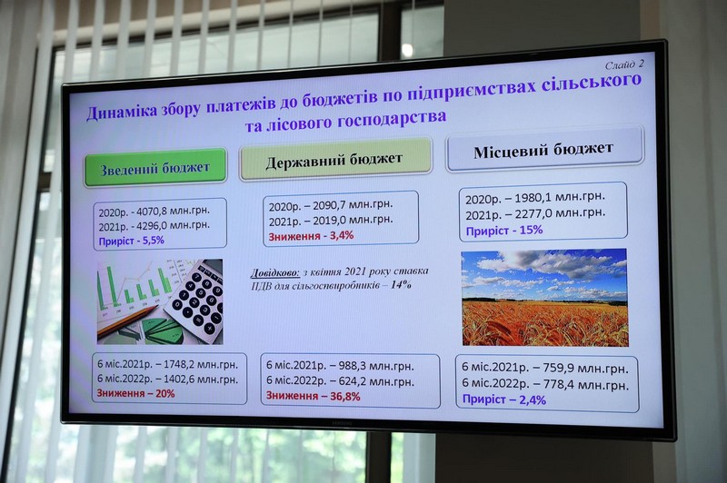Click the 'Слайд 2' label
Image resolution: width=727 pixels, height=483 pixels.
(x=624, y=64)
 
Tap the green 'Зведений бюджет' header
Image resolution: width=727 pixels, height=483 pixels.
(x=155, y=168)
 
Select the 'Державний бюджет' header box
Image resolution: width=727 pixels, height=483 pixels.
(x=334, y=159)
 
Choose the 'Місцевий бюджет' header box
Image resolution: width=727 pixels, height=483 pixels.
(x=543, y=149)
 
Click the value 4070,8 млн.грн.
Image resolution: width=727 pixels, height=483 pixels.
(x=173, y=212)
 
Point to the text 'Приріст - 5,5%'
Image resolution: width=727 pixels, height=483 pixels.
(x=131, y=241)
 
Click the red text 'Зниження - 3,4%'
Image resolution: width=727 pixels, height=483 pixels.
(x=311, y=236)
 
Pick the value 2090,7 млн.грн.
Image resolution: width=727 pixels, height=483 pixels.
(x=353, y=204)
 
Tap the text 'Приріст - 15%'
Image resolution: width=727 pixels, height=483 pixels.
(x=504, y=231)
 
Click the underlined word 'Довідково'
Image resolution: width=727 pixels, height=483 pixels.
(x=275, y=272)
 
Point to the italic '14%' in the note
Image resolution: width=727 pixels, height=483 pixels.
(x=401, y=284)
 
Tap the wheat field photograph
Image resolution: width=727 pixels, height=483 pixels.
(x=544, y=297)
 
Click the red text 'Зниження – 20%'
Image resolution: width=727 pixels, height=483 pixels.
(x=135, y=394)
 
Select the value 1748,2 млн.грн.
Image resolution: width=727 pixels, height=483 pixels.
(x=201, y=364)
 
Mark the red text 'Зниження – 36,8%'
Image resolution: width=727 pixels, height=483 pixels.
(x=313, y=396)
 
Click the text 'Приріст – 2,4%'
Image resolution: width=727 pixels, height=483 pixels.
(x=504, y=399)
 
